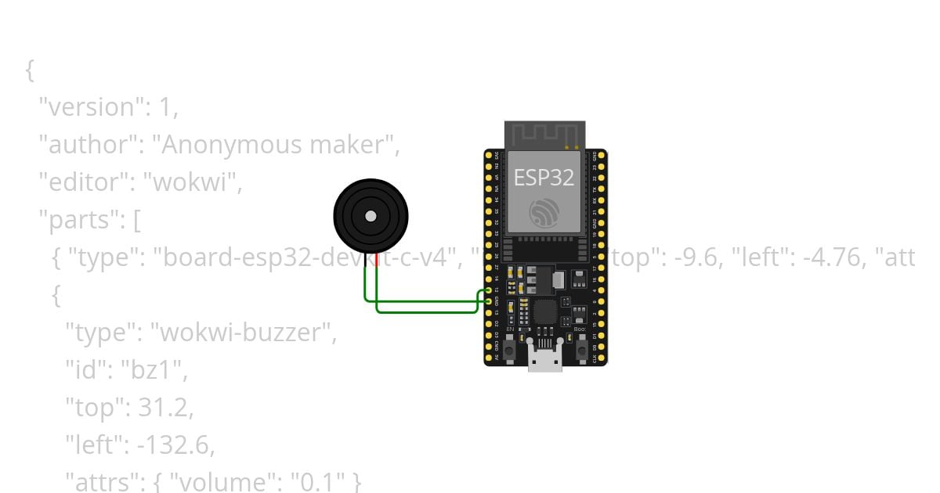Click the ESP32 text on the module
pos(544,177)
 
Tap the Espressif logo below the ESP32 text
pos(544,213)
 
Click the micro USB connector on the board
pos(544,361)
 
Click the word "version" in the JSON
pos(81,107)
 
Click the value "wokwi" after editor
pos(197,182)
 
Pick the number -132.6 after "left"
pos(174,445)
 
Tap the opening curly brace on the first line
pos(30,70)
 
